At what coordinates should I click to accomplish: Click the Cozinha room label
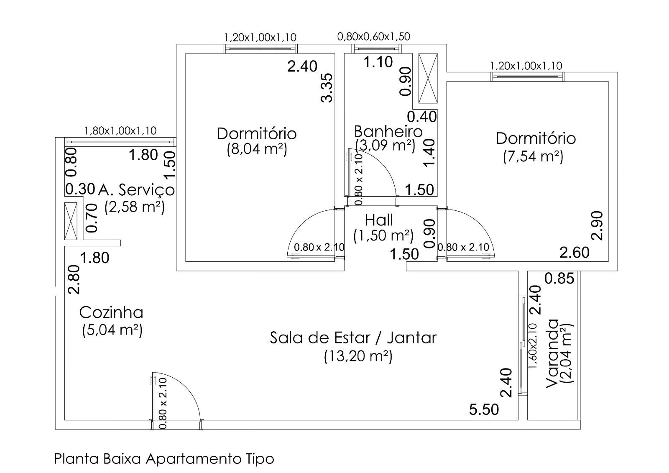pyautogui.click(x=111, y=312)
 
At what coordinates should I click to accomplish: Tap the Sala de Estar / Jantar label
pyautogui.click(x=353, y=337)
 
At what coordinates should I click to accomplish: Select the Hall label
pyautogui.click(x=379, y=220)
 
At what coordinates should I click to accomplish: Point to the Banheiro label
pyautogui.click(x=388, y=131)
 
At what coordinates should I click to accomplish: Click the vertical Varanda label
pyautogui.click(x=552, y=353)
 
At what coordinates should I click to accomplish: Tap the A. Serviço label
pyautogui.click(x=136, y=190)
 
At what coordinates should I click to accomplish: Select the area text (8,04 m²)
pyautogui.click(x=257, y=149)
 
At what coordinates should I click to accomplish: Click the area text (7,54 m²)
pyautogui.click(x=533, y=156)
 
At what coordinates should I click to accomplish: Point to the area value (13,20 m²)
pyautogui.click(x=358, y=356)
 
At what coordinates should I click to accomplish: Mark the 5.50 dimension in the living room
pyautogui.click(x=484, y=409)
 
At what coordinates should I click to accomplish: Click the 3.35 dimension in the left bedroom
pyautogui.click(x=327, y=87)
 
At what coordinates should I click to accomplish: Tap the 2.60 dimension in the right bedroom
pyautogui.click(x=575, y=252)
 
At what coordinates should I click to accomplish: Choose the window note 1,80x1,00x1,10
pyautogui.click(x=120, y=131)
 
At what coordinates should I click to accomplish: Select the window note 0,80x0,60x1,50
pyautogui.click(x=373, y=36)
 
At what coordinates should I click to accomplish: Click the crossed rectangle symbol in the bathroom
pyautogui.click(x=428, y=78)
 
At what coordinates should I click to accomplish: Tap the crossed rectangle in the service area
pyautogui.click(x=71, y=221)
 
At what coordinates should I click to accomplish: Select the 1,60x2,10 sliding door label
pyautogui.click(x=532, y=346)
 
